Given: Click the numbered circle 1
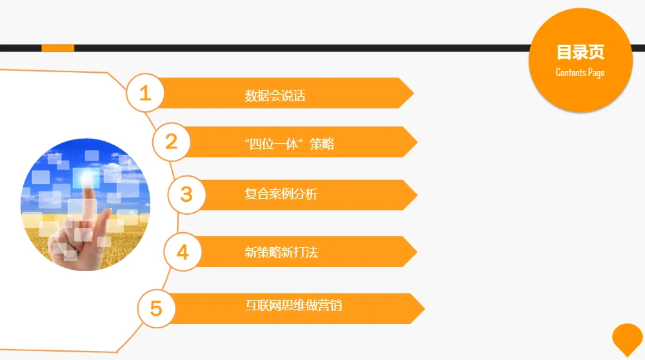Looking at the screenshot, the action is [x=145, y=93].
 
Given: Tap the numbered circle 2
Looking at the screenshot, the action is [x=171, y=141].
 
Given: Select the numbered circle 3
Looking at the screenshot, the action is [x=186, y=194].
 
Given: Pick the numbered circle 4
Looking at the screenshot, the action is [x=183, y=252].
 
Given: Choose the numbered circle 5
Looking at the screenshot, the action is [x=156, y=308].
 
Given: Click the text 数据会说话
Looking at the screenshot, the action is [x=275, y=96].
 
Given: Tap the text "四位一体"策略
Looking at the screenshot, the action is [x=290, y=144].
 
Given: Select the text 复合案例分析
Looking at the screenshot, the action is [x=281, y=194].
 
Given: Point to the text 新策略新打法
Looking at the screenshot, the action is [x=281, y=252].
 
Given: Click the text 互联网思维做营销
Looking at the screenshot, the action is [x=293, y=305].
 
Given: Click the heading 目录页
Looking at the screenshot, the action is [x=580, y=52].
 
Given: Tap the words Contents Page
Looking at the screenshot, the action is [x=580, y=72].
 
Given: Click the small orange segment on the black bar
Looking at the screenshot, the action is [x=58, y=48].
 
